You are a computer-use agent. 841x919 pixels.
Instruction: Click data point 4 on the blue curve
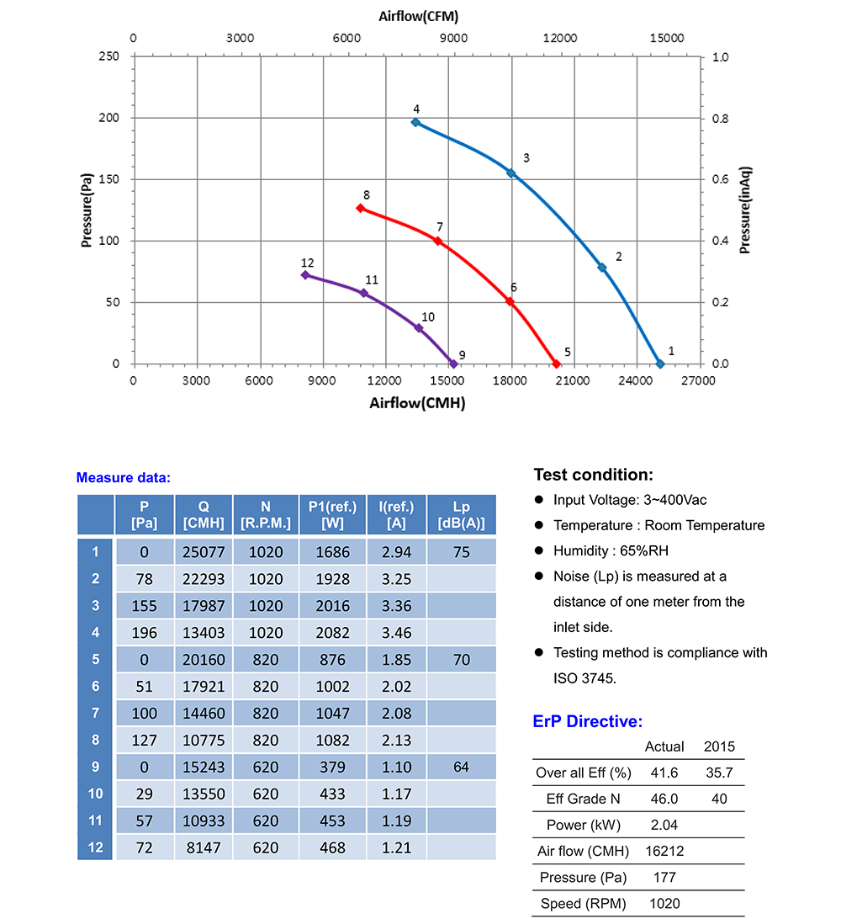tap(415, 122)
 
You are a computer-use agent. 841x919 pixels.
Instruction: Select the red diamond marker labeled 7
tap(437, 241)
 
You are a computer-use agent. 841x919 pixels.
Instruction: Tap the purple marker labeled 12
tap(305, 274)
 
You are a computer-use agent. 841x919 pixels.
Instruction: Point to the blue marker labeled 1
tap(660, 364)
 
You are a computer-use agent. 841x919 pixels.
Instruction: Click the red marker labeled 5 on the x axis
tap(556, 364)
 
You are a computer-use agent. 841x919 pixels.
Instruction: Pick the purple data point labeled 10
tap(419, 327)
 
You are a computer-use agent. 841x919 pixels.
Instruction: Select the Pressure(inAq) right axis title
tap(745, 210)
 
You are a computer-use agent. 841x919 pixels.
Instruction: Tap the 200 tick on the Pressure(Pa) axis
tap(111, 118)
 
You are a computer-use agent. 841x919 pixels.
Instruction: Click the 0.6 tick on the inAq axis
tap(721, 179)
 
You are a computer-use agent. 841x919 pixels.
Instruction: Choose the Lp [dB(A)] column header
tap(462, 515)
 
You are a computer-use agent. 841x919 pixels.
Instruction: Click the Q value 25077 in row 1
tap(204, 551)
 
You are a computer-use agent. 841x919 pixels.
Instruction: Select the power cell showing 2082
tap(333, 632)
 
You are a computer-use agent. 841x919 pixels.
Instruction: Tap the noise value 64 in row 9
tap(462, 767)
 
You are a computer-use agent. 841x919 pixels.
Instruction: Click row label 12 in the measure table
tap(95, 847)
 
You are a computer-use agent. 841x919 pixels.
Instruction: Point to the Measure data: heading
tap(124, 478)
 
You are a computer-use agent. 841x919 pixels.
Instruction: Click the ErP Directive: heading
tap(588, 721)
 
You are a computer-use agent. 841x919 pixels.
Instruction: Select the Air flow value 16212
tap(664, 851)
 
